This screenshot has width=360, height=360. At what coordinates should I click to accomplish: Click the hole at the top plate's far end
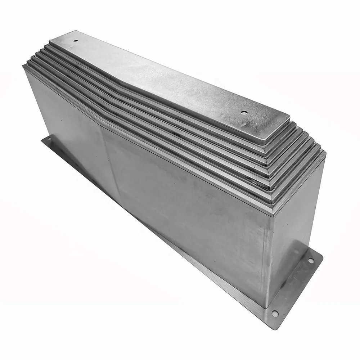pyautogui.click(x=75, y=41)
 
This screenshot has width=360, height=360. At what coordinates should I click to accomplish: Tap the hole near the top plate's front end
pyautogui.click(x=244, y=113)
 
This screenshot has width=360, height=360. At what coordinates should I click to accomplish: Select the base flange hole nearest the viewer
pyautogui.click(x=275, y=313)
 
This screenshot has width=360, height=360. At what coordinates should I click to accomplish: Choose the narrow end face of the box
pyautogui.click(x=295, y=230)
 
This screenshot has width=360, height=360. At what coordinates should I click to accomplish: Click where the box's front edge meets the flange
pyautogui.click(x=266, y=308)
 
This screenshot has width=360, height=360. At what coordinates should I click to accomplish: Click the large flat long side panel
pyautogui.click(x=180, y=202)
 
